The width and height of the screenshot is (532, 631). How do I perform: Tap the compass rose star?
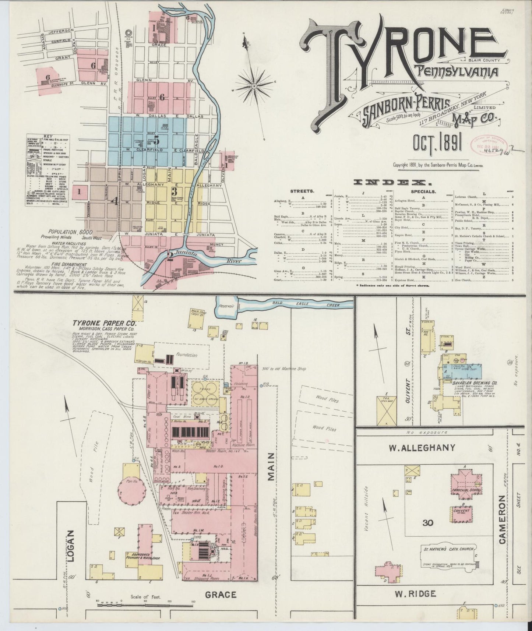pos(254,86)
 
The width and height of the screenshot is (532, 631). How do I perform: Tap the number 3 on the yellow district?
pos(174,192)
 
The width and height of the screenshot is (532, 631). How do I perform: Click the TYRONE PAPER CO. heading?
pos(104,324)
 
